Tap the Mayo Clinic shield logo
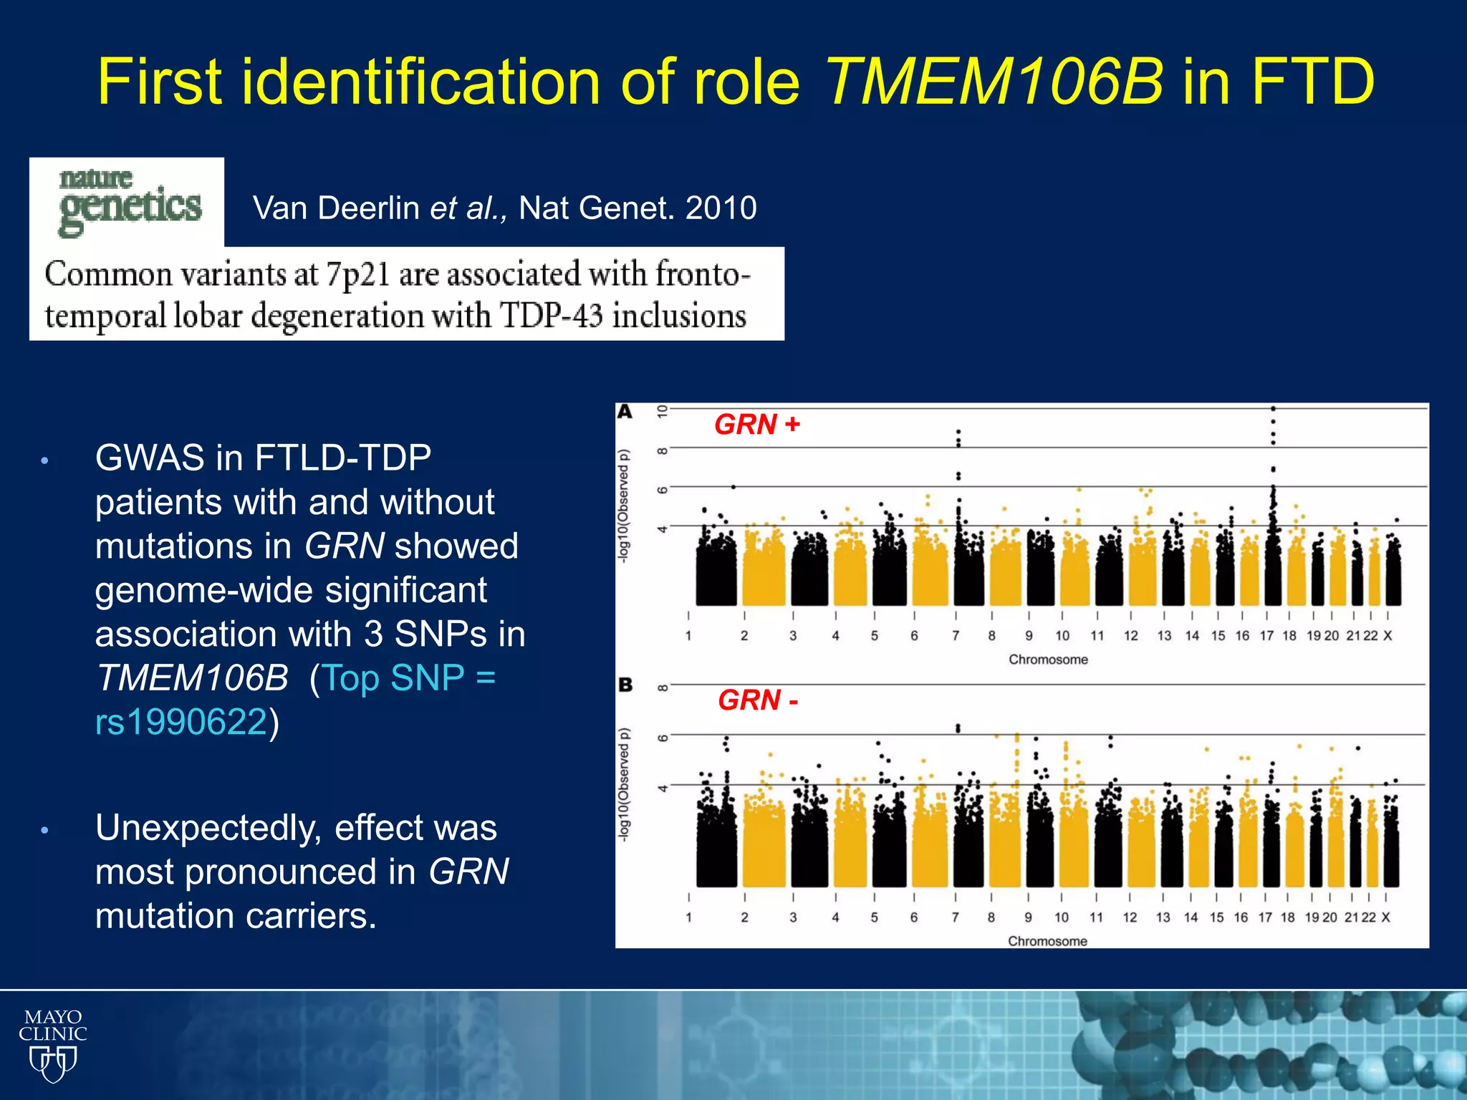click(x=52, y=1045)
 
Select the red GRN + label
click(x=757, y=425)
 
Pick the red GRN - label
click(x=758, y=700)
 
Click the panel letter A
click(x=625, y=412)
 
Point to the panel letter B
click(x=625, y=685)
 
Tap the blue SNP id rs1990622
click(x=181, y=721)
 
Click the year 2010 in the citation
click(x=721, y=208)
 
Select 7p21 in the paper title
click(x=357, y=275)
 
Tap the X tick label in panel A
click(x=1387, y=635)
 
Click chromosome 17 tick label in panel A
click(x=1266, y=635)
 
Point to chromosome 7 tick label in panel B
click(x=955, y=917)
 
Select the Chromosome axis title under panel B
click(x=1047, y=941)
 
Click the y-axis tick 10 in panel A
click(x=663, y=411)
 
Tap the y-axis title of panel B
click(x=625, y=784)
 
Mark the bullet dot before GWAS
click(x=44, y=460)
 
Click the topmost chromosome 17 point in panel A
click(x=1273, y=409)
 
